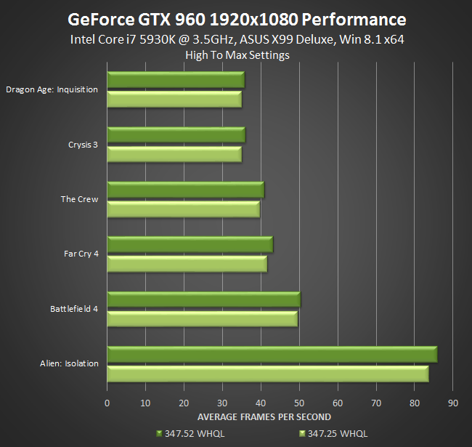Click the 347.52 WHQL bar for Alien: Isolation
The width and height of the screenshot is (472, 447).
coord(272,354)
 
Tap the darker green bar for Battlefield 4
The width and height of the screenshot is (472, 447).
coord(203,299)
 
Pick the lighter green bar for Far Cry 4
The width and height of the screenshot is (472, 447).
coord(187,264)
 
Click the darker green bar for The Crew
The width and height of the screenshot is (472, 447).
coord(185,190)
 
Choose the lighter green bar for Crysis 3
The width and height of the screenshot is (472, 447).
coord(174,154)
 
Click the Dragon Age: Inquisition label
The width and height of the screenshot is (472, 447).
coord(52,90)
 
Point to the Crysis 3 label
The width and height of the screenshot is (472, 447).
coord(79,145)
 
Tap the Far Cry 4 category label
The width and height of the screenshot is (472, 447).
coord(81,254)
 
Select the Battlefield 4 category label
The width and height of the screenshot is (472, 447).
coord(74,309)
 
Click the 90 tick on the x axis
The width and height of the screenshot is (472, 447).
coord(452,403)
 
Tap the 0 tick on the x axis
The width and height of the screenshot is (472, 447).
coord(107,403)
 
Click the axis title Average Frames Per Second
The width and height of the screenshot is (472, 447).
coord(264,416)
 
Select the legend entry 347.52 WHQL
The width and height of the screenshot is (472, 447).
coord(195,434)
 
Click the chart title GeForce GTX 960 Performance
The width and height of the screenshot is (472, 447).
coord(237,18)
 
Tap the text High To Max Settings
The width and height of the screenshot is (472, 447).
coord(237,55)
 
